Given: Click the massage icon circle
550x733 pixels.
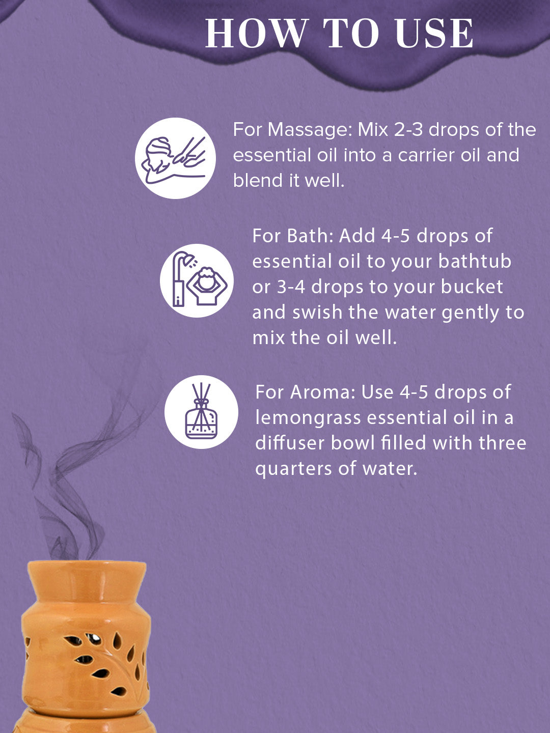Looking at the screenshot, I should (175, 158).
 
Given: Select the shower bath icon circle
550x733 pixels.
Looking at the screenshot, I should (197, 280).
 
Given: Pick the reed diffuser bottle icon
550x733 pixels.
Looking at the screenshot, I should (201, 412).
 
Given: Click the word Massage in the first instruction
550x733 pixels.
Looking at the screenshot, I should (310, 130).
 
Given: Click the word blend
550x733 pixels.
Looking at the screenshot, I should (258, 180).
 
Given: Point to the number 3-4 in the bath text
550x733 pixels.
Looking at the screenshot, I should (291, 287).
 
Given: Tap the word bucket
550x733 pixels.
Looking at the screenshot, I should (472, 287).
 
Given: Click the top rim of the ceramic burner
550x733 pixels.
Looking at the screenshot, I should (87, 566).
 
